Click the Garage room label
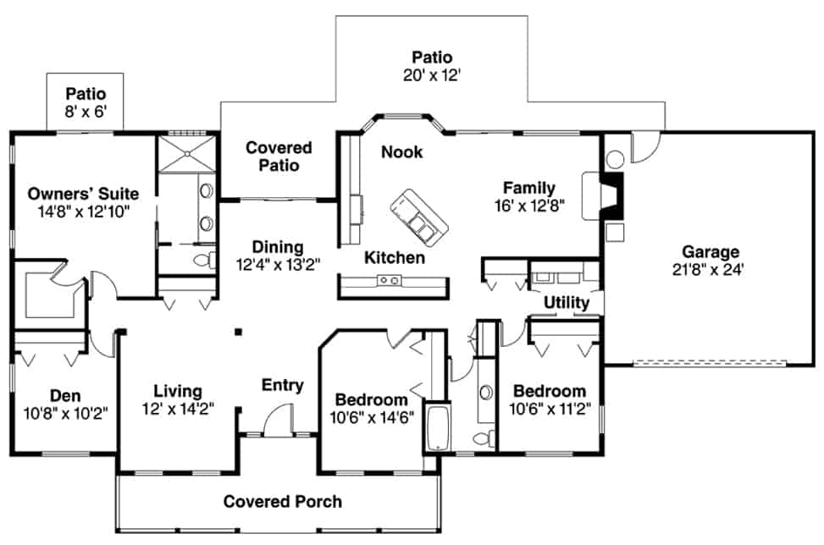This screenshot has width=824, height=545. (x=711, y=251)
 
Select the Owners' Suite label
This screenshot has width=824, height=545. (x=82, y=194)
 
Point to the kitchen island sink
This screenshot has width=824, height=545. (x=390, y=280)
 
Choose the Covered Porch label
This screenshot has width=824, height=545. (x=282, y=502)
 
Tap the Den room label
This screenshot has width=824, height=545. (x=64, y=394)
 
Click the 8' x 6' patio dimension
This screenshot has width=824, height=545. (x=85, y=111)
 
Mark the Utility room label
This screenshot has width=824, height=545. (x=567, y=302)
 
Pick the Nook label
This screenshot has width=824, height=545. (x=401, y=152)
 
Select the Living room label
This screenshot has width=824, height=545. (x=178, y=391)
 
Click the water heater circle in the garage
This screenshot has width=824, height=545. (x=616, y=157)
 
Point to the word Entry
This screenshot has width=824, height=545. (x=282, y=386)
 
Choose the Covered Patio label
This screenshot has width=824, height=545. (x=279, y=157)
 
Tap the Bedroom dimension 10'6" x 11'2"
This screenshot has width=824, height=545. (x=549, y=409)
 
